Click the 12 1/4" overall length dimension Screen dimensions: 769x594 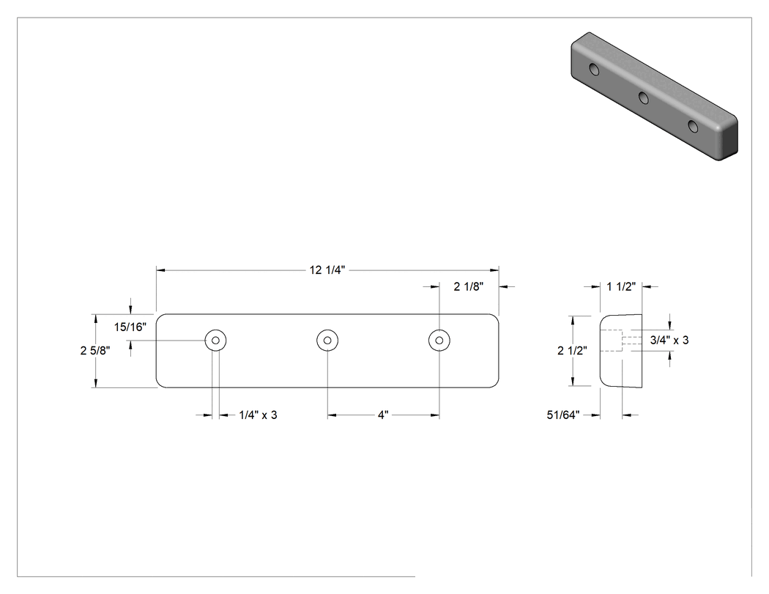327,270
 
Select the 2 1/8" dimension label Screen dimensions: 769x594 469,286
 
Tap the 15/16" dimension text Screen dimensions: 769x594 130,327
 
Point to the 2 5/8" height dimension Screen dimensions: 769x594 95,351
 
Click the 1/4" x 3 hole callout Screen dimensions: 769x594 258,415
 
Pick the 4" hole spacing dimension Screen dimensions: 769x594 383,415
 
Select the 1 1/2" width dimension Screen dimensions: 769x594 621,286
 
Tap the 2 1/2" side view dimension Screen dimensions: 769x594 572,351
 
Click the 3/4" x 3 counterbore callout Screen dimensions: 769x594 669,340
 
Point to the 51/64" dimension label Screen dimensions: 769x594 563,415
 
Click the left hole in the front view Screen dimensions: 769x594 215,340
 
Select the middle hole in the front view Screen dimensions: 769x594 327,340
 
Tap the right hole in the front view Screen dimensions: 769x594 439,340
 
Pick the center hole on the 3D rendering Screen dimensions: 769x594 644,97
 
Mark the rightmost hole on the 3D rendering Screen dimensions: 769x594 693,126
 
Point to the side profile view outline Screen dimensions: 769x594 601,351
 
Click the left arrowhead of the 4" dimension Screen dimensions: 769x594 332,415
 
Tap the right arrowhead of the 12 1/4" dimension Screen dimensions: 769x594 494,270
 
